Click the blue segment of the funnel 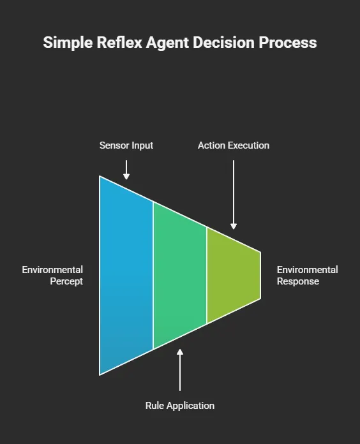(126, 274)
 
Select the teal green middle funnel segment (179, 274)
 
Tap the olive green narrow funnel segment (233, 274)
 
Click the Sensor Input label (126, 145)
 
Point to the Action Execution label (234, 145)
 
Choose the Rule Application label (180, 405)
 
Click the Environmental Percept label (53, 276)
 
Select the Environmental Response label (307, 276)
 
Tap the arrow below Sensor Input (126, 169)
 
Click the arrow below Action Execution (234, 195)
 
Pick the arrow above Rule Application (180, 370)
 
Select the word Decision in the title (229, 43)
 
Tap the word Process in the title (290, 43)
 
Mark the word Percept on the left (66, 281)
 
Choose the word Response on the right (298, 281)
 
